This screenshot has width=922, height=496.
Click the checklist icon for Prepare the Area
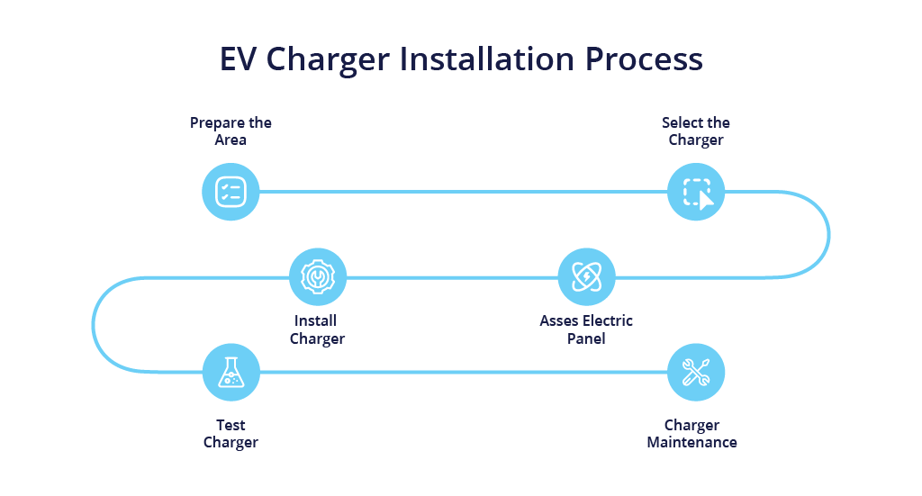pos(230,192)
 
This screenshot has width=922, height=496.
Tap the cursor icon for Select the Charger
pos(696,192)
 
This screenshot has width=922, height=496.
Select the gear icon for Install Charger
pos(317,276)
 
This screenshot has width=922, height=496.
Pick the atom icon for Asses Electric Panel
pos(586,276)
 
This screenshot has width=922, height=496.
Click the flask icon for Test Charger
pos(230,372)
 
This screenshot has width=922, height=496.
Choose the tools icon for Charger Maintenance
pos(696,372)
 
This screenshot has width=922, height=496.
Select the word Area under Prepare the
pos(230,140)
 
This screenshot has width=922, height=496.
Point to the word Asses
pos(560,320)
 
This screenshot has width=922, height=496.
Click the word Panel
pos(586,338)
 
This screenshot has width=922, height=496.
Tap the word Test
pos(230,425)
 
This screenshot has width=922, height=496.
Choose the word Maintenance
pos(691,442)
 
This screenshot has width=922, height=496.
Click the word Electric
pos(608,320)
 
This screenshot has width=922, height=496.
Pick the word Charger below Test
pos(230,442)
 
